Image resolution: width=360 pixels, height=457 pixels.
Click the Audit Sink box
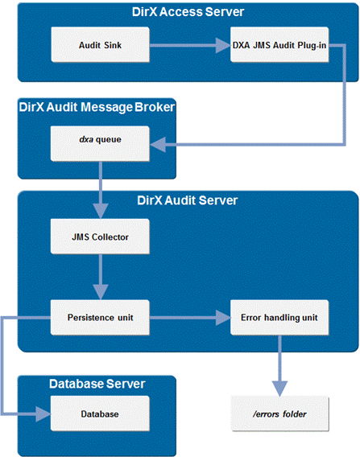click(101, 45)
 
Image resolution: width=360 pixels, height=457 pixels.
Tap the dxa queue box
click(101, 144)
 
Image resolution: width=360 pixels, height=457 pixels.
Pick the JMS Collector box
click(101, 237)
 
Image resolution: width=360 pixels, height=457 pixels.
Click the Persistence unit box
click(101, 317)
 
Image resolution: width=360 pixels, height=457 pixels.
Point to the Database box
click(101, 414)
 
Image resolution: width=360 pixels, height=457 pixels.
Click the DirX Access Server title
click(187, 12)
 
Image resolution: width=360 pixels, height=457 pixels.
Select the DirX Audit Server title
click(187, 200)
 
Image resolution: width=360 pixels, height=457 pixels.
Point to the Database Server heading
click(97, 383)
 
